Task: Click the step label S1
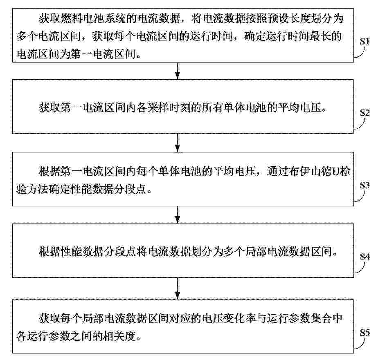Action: (364, 41)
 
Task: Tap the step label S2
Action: (365, 113)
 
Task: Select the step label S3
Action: (365, 185)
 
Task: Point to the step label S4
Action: (365, 257)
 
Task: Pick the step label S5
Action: (365, 333)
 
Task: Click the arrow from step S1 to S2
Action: (178, 71)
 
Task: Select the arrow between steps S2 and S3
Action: (178, 143)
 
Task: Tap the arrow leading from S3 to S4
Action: (178, 215)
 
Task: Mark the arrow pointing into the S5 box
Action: (178, 288)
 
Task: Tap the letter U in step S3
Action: (335, 172)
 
